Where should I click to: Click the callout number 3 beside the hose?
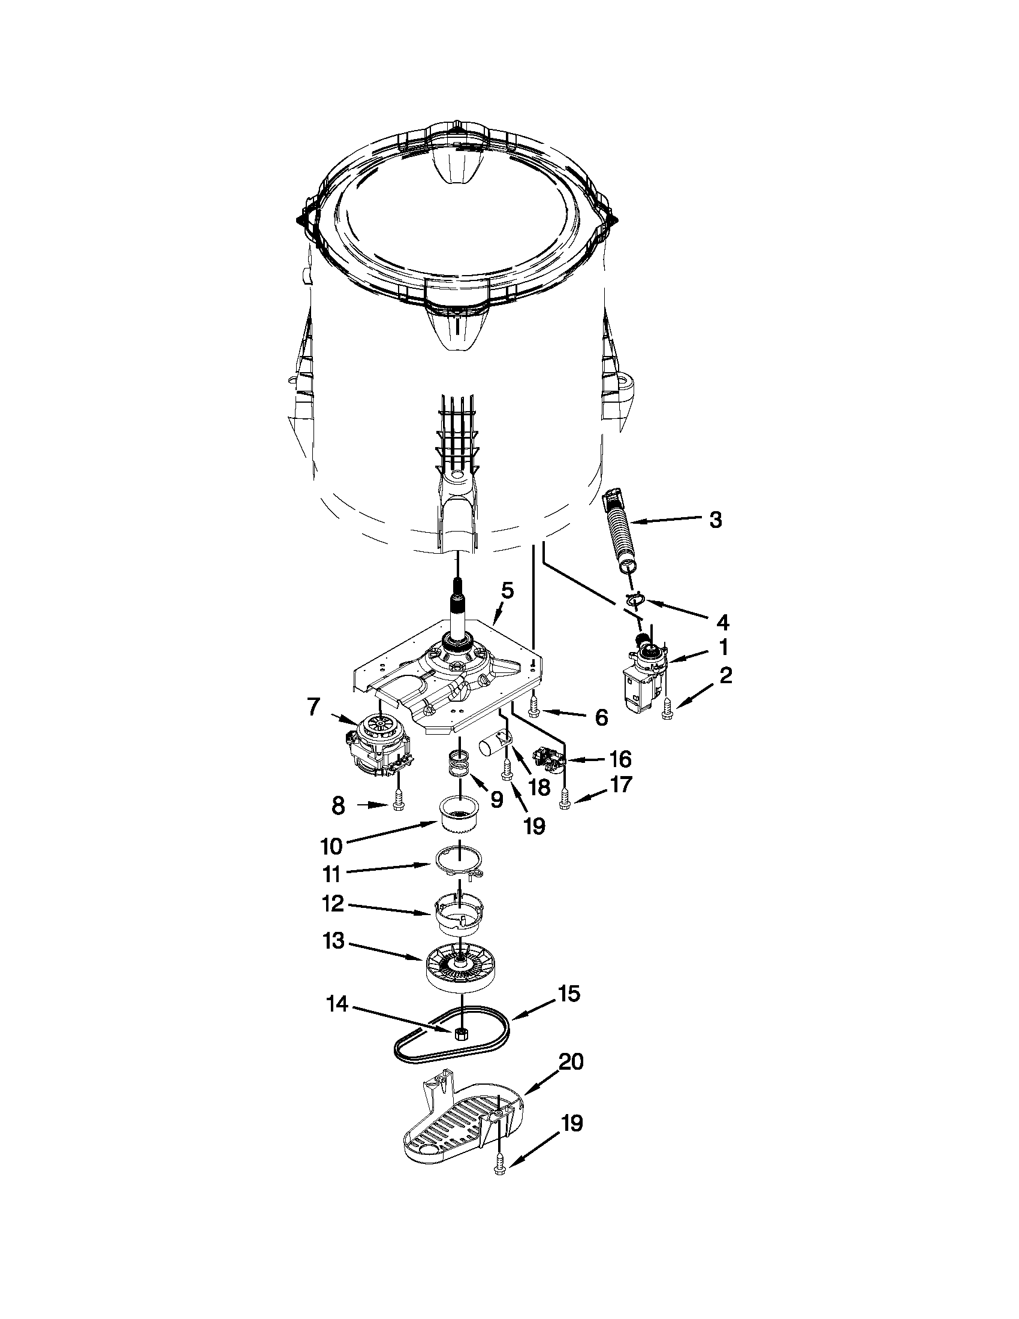coord(715,520)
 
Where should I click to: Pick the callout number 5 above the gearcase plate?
coord(507,590)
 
